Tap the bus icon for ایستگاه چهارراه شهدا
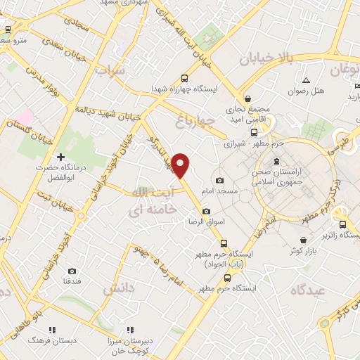point(184,79)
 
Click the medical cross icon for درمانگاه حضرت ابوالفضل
point(61,156)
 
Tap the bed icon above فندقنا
point(72,271)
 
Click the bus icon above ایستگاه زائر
point(342,225)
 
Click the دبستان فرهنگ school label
point(45,339)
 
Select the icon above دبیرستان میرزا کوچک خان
point(130,329)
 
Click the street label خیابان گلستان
point(28,131)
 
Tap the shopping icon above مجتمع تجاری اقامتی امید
point(247,98)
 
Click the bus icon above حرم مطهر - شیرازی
point(253,131)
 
